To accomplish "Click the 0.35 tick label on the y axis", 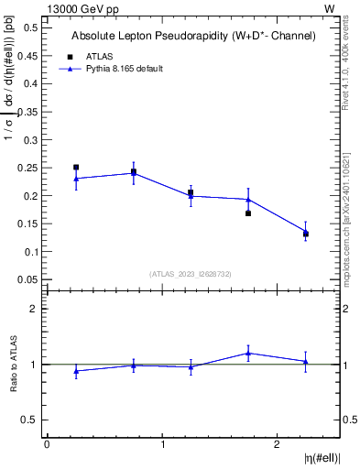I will tap(28, 112).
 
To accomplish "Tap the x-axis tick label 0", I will tap(47, 444).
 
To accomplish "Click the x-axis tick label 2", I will tap(278, 444).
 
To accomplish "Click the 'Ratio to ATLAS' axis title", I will tap(14, 365).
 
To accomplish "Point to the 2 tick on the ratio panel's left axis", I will tap(38, 309).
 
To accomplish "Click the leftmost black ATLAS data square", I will tap(76, 168).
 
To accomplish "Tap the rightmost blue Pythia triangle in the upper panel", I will tap(306, 232).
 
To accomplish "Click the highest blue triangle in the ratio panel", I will tap(248, 353).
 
